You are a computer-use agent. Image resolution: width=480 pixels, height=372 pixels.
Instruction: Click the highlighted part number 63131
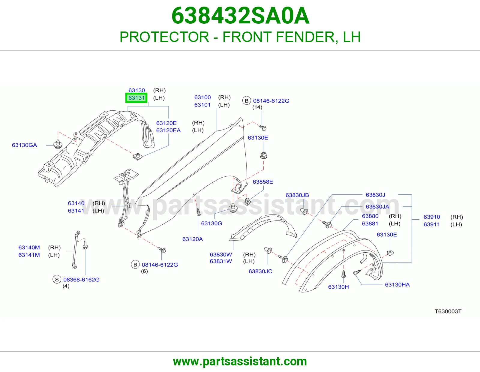coord(136,98)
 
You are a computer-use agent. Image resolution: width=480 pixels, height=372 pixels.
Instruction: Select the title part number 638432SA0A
coord(240,16)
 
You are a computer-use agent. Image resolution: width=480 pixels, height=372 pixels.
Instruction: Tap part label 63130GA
coord(24,145)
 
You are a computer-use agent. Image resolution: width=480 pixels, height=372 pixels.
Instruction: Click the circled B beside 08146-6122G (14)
coord(247,101)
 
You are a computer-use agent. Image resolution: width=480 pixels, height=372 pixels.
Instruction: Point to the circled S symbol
coord(57,279)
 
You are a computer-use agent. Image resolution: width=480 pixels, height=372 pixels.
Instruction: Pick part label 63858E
coord(263,182)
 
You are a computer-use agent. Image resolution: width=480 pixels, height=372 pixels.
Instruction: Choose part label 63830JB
coord(297,195)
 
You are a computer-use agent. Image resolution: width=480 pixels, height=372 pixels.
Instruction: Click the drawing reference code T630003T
coord(448,311)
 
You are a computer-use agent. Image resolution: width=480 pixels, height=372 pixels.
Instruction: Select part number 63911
coord(432,224)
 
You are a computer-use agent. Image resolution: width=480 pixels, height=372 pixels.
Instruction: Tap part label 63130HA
coord(397,284)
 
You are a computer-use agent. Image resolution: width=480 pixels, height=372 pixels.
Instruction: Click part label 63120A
coord(192,239)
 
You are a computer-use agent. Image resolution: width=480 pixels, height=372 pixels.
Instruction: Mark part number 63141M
coord(29,255)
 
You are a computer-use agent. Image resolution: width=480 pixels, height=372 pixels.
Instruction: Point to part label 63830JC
coord(260,271)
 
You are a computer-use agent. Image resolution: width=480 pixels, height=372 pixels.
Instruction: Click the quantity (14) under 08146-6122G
coord(257,107)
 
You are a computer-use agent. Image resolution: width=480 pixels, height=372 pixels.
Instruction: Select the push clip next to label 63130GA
coord(58,144)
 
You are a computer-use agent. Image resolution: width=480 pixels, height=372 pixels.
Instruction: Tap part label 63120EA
coord(168,130)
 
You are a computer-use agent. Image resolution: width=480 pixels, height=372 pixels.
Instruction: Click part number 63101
coord(202,105)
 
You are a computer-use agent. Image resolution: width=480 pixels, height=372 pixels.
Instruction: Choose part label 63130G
coord(211,223)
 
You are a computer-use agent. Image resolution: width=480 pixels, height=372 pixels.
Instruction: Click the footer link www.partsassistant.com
coord(240,361)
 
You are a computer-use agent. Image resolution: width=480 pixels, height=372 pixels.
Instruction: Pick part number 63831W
coord(221,261)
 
